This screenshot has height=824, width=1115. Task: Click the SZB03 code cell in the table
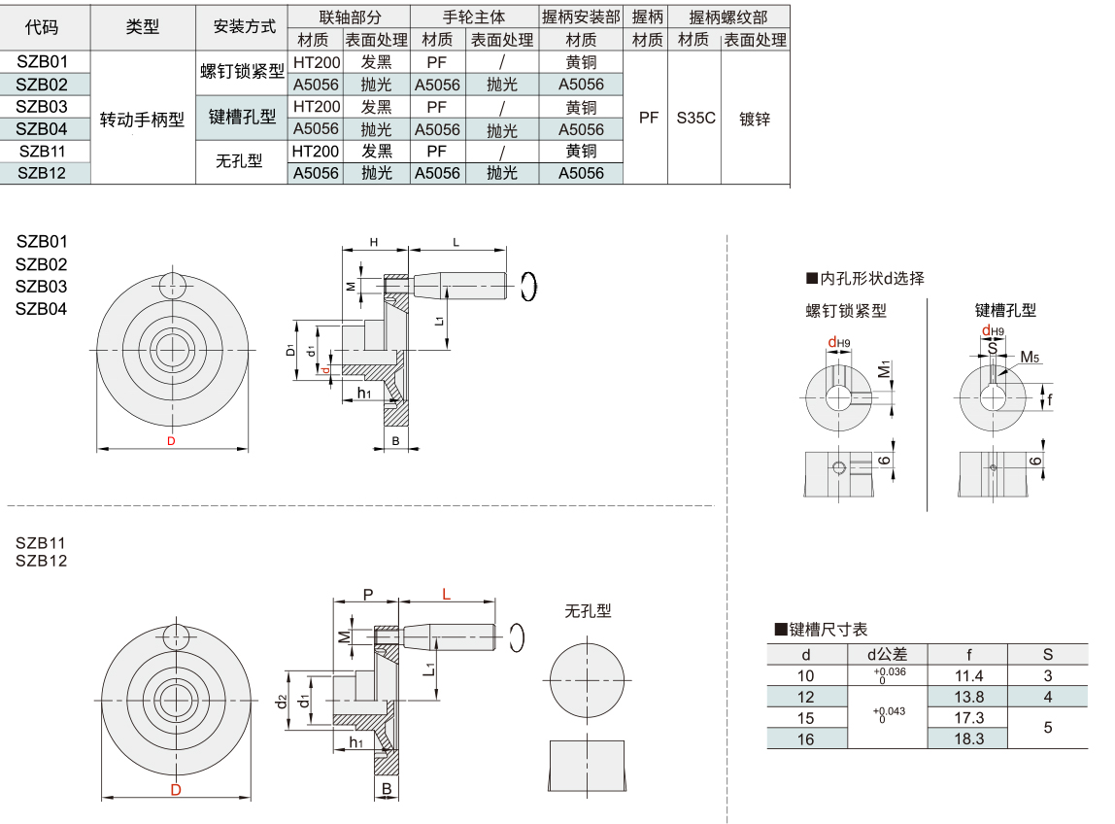[x=43, y=106]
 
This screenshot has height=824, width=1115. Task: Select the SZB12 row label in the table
[x=43, y=173]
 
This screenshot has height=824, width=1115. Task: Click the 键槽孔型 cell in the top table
[x=242, y=117]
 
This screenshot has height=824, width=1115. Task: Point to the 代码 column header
[x=42, y=27]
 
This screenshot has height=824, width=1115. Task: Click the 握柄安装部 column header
[x=581, y=17]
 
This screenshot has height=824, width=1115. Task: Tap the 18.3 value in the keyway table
[x=969, y=738]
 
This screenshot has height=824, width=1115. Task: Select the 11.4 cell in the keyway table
[x=969, y=675]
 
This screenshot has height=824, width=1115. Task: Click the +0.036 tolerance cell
[x=890, y=675]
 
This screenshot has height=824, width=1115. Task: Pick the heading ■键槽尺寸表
[x=820, y=630]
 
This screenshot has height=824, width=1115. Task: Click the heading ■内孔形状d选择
[x=865, y=279]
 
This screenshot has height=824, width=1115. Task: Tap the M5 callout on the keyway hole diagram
[x=1029, y=358]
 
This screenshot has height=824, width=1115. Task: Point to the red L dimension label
[x=446, y=595]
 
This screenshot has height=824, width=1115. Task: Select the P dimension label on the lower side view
[x=367, y=594]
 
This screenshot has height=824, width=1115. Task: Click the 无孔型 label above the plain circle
[x=589, y=610]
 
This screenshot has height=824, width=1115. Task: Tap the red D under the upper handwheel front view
[x=171, y=441]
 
